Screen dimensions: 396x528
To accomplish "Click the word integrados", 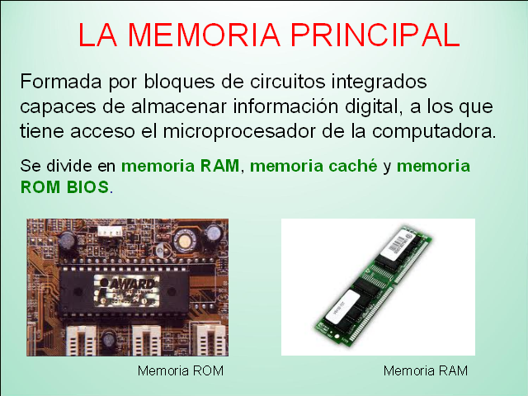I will coord(372,82).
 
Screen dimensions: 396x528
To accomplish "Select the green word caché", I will coord(355,166).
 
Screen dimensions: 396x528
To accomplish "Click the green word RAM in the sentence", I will coord(219,166).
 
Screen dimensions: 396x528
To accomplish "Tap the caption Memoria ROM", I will coord(181,370).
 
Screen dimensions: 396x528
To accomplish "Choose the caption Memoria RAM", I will coord(425,370).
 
